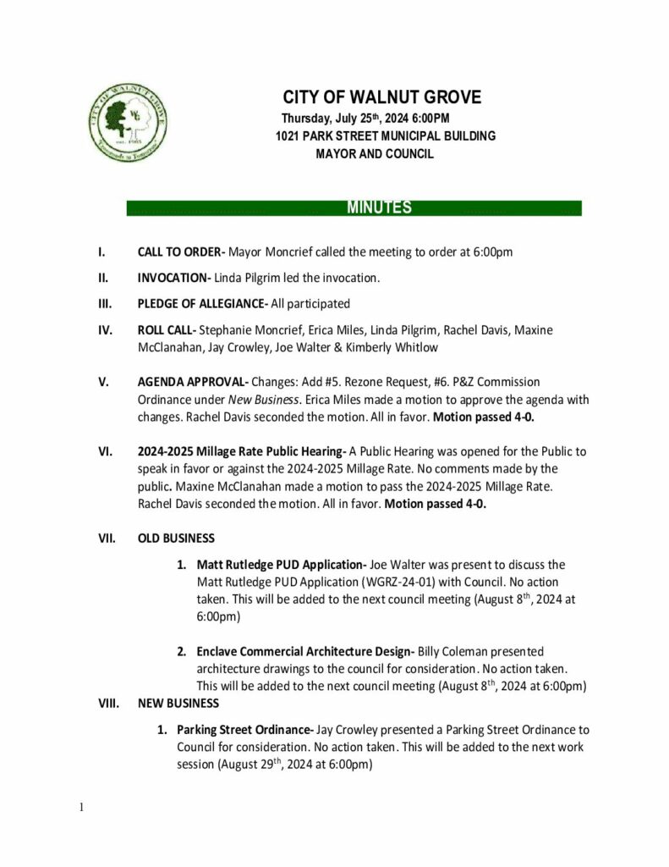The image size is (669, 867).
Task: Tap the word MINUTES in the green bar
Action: point(379,208)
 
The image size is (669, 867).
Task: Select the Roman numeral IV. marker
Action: point(103,329)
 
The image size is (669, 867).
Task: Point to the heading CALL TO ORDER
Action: point(179,251)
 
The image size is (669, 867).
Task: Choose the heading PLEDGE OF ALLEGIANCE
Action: point(201,303)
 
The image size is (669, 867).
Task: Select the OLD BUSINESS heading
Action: point(176,538)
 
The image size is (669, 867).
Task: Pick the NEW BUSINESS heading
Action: point(178,703)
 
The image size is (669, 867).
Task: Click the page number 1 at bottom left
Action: point(81,807)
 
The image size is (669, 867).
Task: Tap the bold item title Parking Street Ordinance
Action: point(244,729)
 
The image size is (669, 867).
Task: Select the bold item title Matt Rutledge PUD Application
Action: point(279,564)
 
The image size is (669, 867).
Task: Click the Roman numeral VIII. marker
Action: point(109,703)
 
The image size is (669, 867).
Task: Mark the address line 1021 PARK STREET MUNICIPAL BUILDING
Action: point(385,136)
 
